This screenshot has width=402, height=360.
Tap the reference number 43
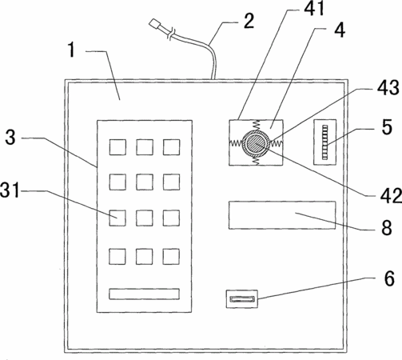tap(388, 88)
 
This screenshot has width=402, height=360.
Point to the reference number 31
tap(10, 190)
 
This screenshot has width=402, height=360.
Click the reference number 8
tap(387, 227)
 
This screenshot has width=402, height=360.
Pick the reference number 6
tap(389, 278)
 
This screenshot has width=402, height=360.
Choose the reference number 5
tap(387, 126)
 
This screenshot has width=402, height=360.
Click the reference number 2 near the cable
tap(249, 21)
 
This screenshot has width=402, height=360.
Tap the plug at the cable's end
tap(154, 24)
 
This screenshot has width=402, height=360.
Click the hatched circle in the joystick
tap(256, 143)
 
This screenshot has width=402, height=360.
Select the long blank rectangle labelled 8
tap(282, 215)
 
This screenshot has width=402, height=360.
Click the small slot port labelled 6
tap(242, 299)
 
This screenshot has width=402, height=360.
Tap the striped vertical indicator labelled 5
tap(324, 142)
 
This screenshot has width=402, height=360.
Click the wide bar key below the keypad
tap(144, 294)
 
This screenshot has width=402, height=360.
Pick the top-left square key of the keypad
tap(117, 147)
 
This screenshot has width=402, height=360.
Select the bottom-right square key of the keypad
tap(171, 257)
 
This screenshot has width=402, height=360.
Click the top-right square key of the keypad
tap(171, 147)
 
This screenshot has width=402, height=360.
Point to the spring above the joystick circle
tap(256, 126)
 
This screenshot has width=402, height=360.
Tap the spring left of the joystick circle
tap(236, 142)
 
